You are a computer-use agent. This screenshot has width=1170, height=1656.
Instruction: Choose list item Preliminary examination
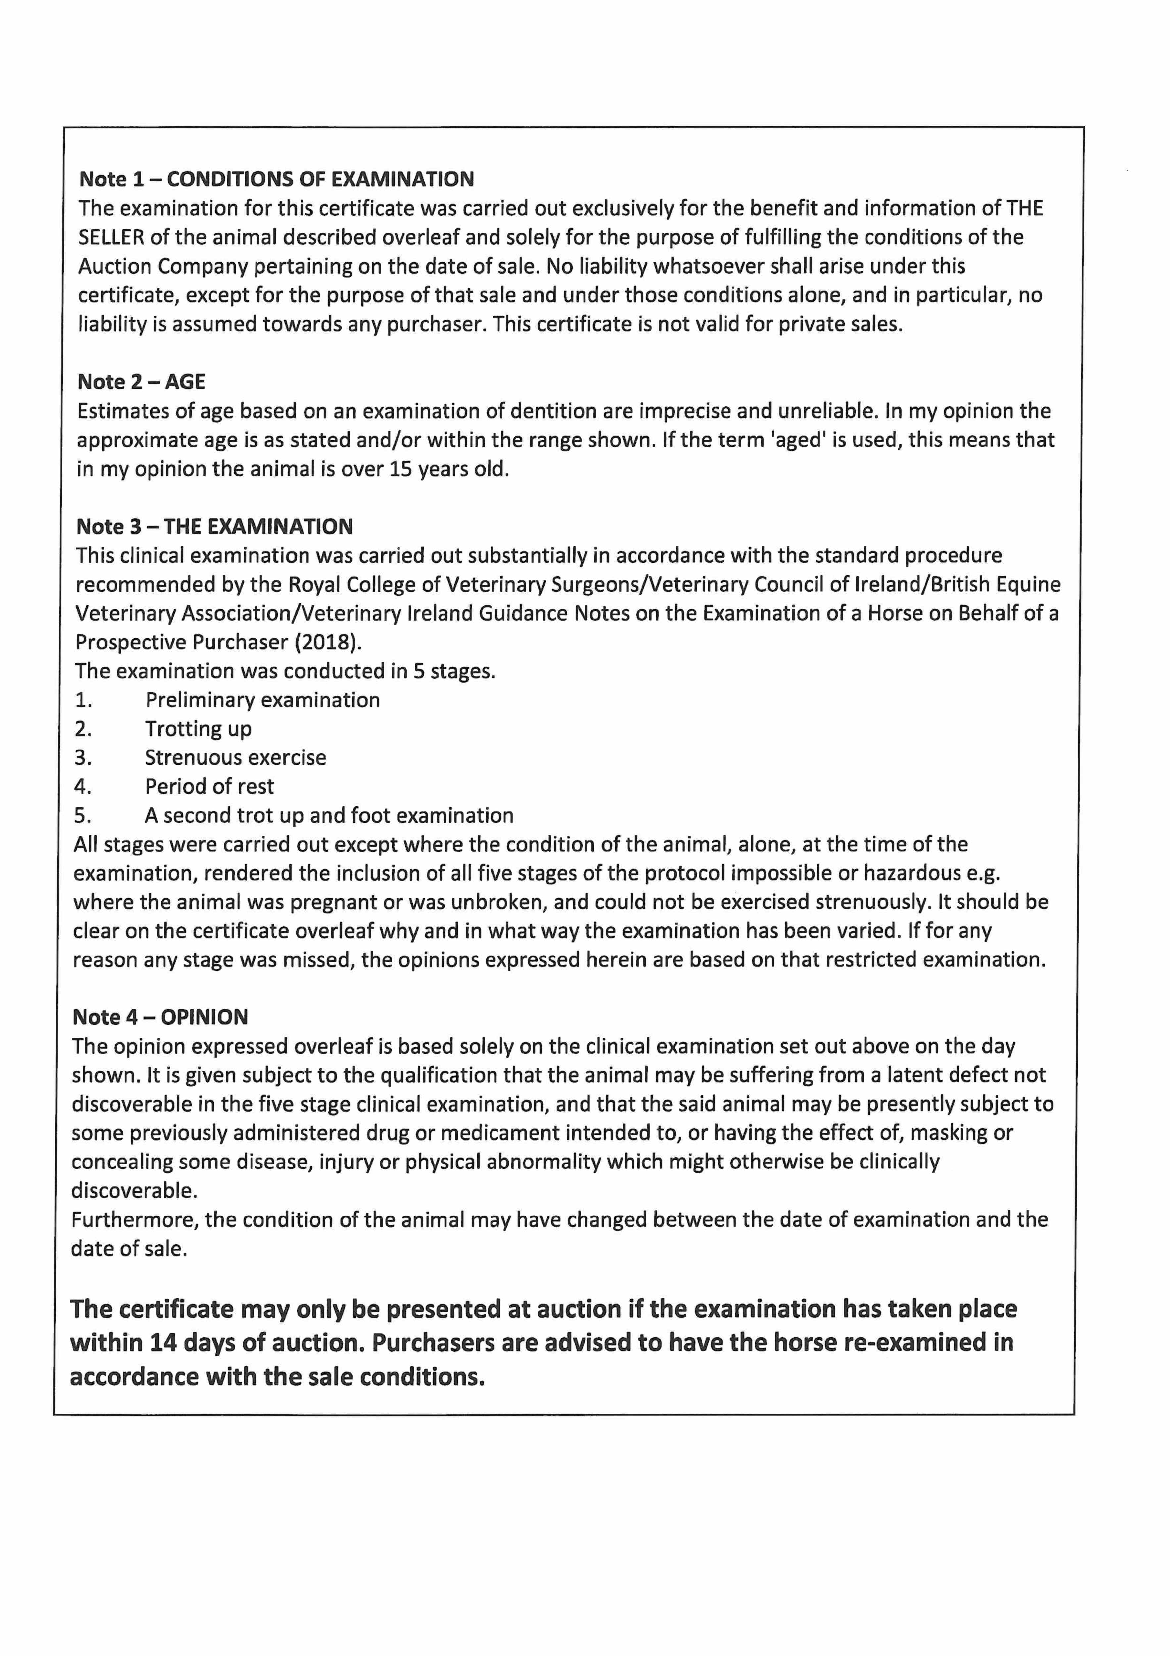262,699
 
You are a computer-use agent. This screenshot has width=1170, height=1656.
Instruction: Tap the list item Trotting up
198,728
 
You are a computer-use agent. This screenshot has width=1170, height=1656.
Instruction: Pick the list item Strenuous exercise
236,757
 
